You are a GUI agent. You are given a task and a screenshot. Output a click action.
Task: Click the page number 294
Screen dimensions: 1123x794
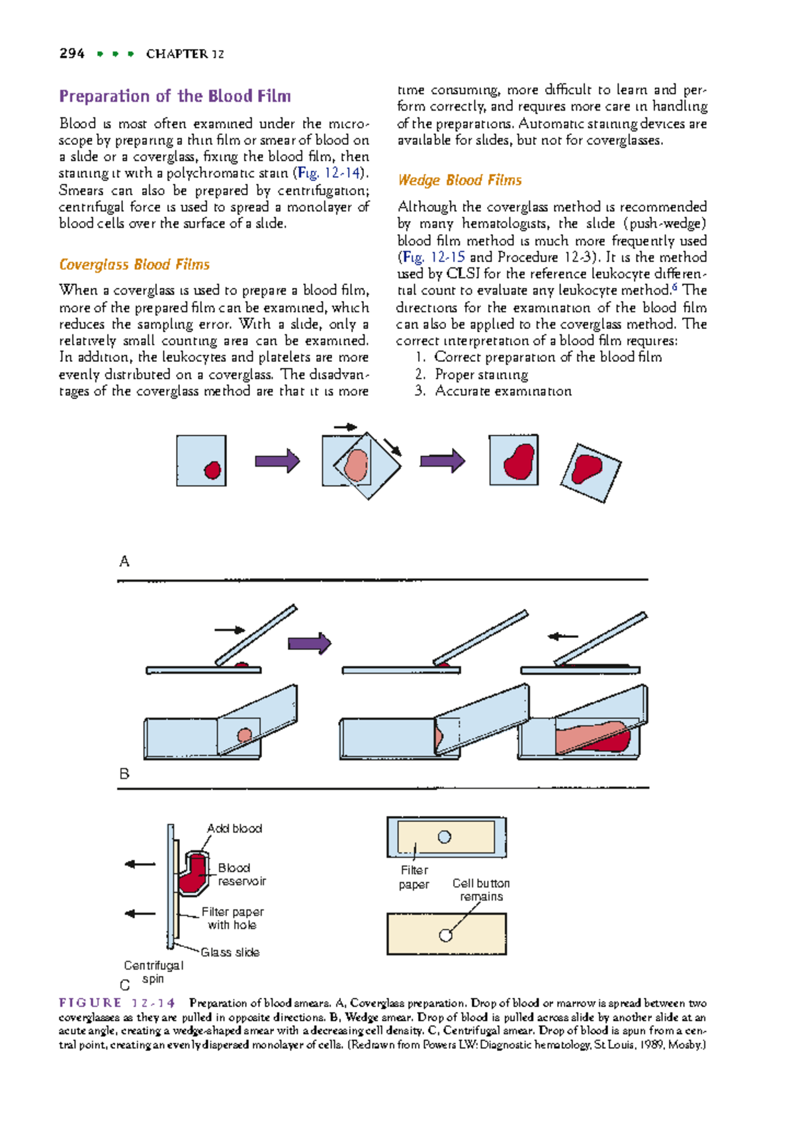click(x=71, y=54)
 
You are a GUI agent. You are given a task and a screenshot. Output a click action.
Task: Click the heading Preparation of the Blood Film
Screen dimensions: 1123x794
click(x=175, y=97)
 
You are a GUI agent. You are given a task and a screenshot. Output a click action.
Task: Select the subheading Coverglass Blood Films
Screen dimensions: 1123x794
click(x=134, y=265)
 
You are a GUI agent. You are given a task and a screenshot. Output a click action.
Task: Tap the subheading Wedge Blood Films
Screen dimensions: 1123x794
click(x=459, y=180)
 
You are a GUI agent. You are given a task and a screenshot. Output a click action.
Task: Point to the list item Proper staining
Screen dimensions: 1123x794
click(x=481, y=375)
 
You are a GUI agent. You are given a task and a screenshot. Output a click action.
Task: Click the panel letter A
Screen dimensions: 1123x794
click(x=124, y=561)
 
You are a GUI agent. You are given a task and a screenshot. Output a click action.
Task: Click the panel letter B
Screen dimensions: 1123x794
click(x=124, y=774)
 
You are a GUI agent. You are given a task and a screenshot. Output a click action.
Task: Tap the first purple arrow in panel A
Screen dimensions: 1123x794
click(x=277, y=461)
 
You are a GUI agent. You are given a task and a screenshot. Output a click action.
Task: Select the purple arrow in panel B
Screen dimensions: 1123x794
click(x=309, y=643)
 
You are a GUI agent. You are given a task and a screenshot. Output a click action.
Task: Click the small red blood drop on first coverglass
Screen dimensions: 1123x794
click(x=212, y=470)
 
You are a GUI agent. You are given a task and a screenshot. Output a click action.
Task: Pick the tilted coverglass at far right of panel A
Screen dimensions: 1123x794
click(x=590, y=472)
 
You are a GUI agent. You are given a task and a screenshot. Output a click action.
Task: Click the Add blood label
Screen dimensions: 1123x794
click(x=234, y=829)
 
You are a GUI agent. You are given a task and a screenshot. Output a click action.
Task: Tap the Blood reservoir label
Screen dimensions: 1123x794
click(x=241, y=874)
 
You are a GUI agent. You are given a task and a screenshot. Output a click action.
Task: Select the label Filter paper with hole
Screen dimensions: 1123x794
click(x=232, y=919)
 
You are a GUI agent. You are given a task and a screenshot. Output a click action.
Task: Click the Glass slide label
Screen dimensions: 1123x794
click(x=230, y=952)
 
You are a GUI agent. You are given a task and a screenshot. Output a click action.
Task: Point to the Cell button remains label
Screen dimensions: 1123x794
click(x=481, y=890)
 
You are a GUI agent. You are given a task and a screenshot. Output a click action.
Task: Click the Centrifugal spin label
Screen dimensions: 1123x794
click(x=154, y=972)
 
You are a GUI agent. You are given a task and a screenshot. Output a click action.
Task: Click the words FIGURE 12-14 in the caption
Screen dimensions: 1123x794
click(x=116, y=1003)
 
